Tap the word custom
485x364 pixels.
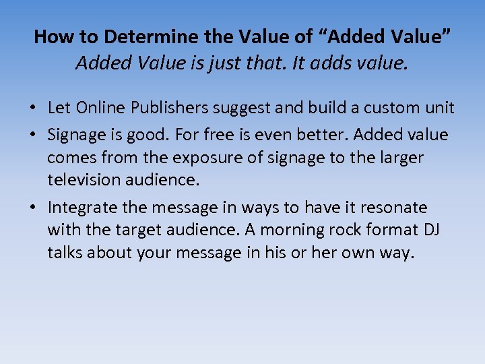[x=391, y=108]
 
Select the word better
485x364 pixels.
[x=321, y=135]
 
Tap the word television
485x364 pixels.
[x=86, y=180]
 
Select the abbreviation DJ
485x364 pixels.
[x=432, y=230]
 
